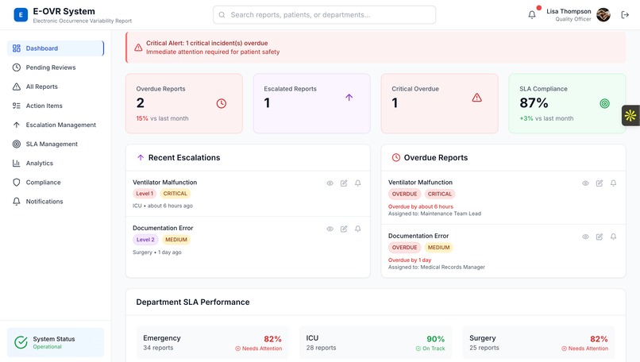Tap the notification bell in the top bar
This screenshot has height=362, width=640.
pyautogui.click(x=532, y=14)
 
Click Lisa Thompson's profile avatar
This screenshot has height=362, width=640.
pyautogui.click(x=603, y=14)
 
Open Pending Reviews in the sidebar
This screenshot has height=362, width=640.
pyautogui.click(x=51, y=67)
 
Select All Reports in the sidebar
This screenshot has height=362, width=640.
pyautogui.click(x=41, y=87)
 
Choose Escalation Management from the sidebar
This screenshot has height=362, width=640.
pyautogui.click(x=60, y=125)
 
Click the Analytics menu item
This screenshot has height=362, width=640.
pyautogui.click(x=39, y=163)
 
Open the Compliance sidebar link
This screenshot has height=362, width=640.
pyautogui.click(x=43, y=182)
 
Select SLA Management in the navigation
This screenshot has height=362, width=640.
pyautogui.click(x=52, y=144)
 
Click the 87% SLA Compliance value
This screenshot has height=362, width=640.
pyautogui.click(x=534, y=102)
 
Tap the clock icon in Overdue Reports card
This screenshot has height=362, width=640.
pyautogui.click(x=221, y=103)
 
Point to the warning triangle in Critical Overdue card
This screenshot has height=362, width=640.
pyautogui.click(x=476, y=98)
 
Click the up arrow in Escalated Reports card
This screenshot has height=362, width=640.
pyautogui.click(x=349, y=98)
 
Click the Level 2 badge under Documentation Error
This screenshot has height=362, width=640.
pyautogui.click(x=145, y=240)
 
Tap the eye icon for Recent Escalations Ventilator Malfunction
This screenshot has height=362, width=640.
pyautogui.click(x=330, y=183)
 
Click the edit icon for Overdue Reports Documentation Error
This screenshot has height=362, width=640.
pyautogui.click(x=600, y=237)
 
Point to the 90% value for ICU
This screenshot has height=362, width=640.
pyautogui.click(x=436, y=339)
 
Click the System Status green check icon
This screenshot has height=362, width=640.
pyautogui.click(x=21, y=343)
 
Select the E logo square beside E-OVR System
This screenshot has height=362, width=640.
pyautogui.click(x=20, y=14)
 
